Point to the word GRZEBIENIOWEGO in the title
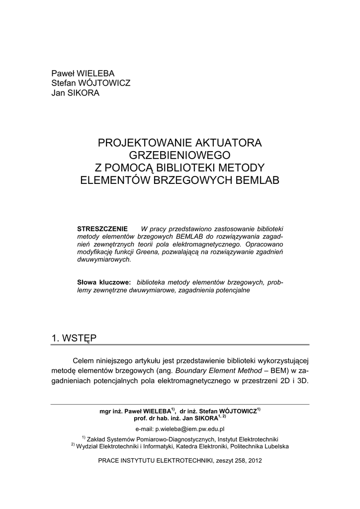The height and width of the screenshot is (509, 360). click(180, 156)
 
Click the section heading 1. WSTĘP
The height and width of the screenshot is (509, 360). click(74, 338)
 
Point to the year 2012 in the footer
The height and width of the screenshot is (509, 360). click(254, 460)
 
